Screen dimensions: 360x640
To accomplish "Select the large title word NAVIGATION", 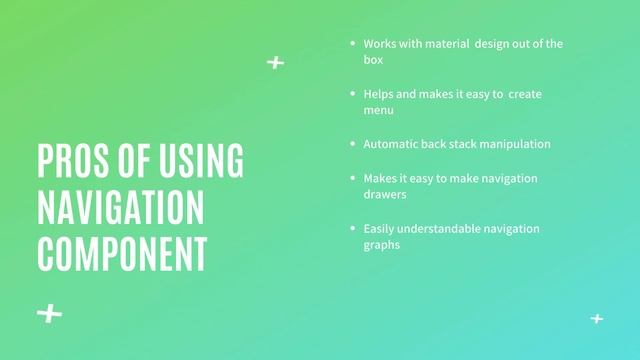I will (x=120, y=206).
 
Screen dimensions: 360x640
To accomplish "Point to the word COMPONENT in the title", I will (x=122, y=251).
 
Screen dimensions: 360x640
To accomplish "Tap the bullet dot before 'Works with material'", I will (x=352, y=44).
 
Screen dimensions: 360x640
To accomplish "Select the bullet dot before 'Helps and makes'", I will (x=352, y=94).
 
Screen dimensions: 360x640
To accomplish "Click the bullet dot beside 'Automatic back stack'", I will (x=352, y=144).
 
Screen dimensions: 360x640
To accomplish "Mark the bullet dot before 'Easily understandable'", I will (x=352, y=229).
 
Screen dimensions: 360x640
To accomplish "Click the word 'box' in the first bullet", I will (x=373, y=60).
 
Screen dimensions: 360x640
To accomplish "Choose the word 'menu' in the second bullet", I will (x=379, y=110).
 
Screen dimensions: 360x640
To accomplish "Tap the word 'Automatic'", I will (x=391, y=144).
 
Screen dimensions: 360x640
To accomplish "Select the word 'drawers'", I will (x=385, y=194).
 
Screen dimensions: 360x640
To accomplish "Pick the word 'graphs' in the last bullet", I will (x=382, y=245).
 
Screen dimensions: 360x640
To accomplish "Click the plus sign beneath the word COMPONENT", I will (x=49, y=314).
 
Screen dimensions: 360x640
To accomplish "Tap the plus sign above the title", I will (x=275, y=63).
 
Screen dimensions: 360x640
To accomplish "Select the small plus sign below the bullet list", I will (x=597, y=319).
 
